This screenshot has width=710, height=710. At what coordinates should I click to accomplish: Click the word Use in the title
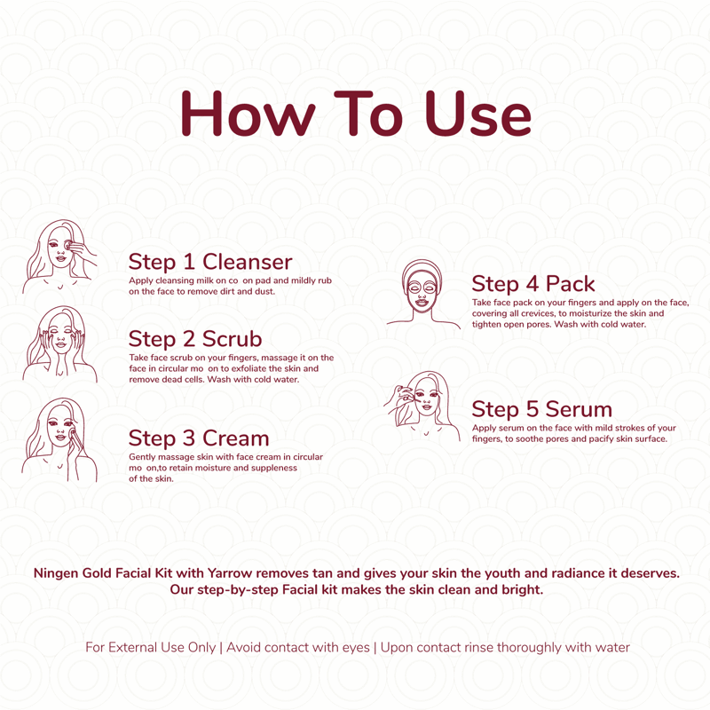tap(477, 114)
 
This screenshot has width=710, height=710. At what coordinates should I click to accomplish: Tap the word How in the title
tap(248, 114)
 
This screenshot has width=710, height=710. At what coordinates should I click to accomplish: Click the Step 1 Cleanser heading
tap(210, 262)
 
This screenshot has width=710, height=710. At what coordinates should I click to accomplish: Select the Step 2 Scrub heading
tap(195, 339)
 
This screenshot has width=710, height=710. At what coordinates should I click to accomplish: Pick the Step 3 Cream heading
tap(199, 438)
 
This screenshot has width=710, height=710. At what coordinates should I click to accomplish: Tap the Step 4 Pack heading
tap(533, 284)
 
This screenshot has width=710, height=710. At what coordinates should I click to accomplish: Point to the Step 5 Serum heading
tap(541, 409)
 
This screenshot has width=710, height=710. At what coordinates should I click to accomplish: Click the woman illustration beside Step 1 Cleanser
tap(59, 256)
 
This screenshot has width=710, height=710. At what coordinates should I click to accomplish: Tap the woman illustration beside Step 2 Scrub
tap(59, 344)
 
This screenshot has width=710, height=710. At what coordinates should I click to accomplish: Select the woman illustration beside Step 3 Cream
tap(59, 439)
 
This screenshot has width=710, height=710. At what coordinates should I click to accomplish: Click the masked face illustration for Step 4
tap(423, 294)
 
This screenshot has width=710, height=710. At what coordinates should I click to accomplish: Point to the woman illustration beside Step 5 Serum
tap(422, 406)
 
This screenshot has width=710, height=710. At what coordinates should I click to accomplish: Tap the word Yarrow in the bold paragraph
tap(230, 573)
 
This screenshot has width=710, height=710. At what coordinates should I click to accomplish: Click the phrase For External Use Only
tap(150, 648)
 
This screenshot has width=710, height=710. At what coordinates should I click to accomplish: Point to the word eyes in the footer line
tap(356, 649)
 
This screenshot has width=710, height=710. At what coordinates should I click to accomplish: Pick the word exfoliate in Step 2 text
tap(249, 368)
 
